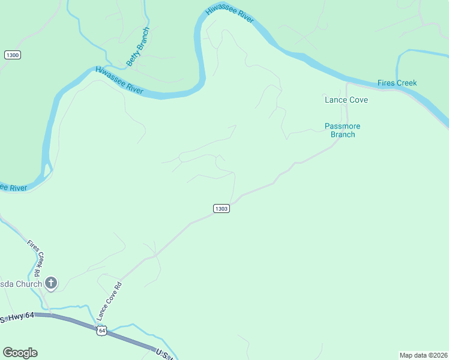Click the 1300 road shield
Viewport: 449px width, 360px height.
coord(12,55)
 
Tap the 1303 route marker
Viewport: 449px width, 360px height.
coord(221,208)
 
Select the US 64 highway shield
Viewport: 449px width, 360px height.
coord(102,331)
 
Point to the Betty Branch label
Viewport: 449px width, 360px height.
coord(137,47)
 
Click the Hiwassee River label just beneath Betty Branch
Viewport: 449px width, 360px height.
coord(119,80)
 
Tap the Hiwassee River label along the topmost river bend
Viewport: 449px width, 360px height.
coord(230,14)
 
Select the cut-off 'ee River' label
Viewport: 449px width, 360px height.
coord(13,188)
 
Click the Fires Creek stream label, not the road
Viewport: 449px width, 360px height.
coord(397,83)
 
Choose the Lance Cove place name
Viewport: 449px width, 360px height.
coord(346,100)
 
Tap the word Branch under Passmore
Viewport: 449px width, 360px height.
coord(343,134)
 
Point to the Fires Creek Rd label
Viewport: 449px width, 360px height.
coord(36,259)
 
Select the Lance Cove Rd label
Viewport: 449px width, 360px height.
coord(110,300)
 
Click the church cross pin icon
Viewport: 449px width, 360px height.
coord(51,283)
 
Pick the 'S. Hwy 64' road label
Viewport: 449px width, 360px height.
coord(18,317)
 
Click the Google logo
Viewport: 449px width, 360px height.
coord(20,353)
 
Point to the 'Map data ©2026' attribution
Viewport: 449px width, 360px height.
coord(424,355)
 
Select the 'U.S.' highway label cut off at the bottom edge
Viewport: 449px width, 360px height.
coord(163,354)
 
